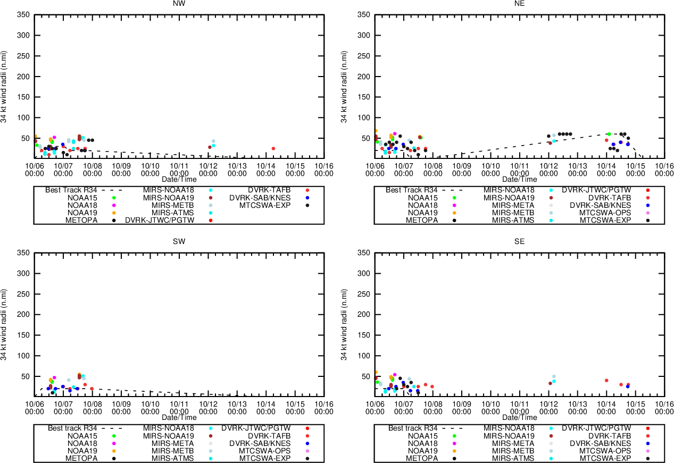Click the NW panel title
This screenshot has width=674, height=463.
(179, 3)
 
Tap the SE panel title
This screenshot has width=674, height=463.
(520, 241)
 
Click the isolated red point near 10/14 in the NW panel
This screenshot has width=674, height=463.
(273, 148)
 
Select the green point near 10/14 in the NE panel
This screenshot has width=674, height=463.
(609, 134)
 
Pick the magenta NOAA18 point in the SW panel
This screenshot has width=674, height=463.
(54, 377)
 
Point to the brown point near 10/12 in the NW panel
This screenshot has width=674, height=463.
(210, 147)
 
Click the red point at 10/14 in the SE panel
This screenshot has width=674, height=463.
(606, 381)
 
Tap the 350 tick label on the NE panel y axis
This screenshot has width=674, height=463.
(364, 15)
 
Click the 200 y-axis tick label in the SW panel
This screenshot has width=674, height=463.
(23, 315)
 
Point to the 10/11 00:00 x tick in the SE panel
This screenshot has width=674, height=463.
(520, 407)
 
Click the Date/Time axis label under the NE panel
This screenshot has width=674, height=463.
(520, 179)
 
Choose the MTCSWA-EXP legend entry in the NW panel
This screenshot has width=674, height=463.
(265, 205)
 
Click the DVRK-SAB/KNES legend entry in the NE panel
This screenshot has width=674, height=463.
(601, 205)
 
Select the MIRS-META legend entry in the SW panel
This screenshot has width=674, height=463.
(173, 443)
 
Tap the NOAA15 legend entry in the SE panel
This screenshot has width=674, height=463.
(423, 435)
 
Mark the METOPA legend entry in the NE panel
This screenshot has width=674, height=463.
(422, 220)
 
